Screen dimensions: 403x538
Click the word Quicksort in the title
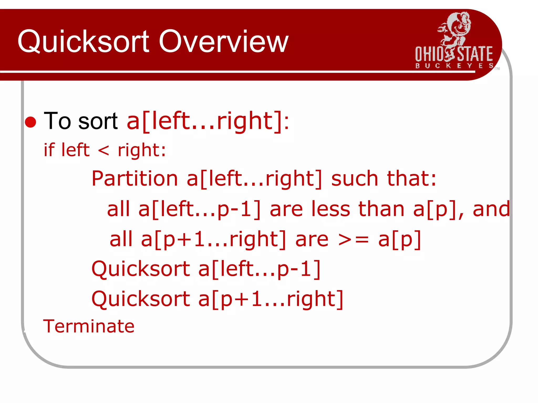tap(84, 41)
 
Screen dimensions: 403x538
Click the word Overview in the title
tap(224, 41)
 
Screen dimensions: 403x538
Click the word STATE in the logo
tap(475, 54)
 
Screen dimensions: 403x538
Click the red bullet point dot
tap(30, 122)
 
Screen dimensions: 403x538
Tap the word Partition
tap(135, 179)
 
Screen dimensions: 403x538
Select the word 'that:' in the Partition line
tap(411, 179)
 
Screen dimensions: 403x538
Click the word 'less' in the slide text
tap(331, 209)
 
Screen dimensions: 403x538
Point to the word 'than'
tap(381, 209)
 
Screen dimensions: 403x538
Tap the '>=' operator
tap(353, 240)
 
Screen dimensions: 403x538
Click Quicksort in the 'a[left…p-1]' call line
tap(141, 269)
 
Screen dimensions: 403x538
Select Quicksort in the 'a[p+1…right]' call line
tap(141, 299)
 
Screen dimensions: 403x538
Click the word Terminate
tap(89, 326)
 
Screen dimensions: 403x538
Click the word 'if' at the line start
tap(49, 150)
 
